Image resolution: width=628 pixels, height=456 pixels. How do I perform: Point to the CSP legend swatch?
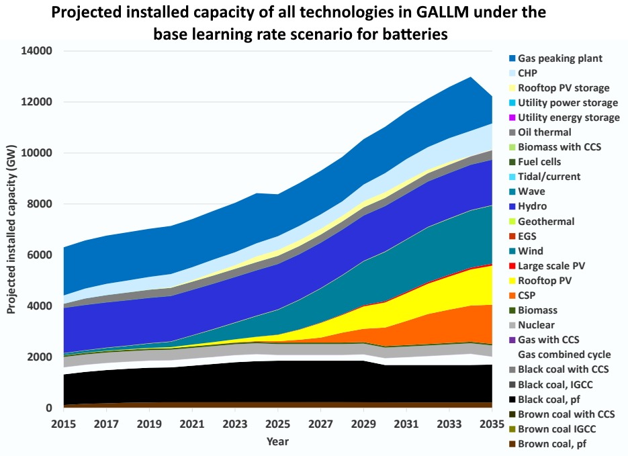tap(512, 295)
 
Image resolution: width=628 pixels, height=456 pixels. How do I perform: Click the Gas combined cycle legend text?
tap(564, 355)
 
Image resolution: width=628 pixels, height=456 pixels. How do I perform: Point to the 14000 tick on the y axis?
tap(38, 51)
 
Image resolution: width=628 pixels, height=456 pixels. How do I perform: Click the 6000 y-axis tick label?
tap(41, 255)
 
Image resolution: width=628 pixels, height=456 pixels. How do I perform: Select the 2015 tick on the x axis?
tap(64, 424)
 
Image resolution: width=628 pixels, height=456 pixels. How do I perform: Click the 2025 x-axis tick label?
tap(277, 424)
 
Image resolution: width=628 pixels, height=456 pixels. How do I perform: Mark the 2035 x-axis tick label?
tap(491, 424)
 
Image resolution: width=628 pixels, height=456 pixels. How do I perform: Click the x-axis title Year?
tap(277, 441)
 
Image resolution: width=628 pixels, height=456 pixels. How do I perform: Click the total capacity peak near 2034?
tap(470, 77)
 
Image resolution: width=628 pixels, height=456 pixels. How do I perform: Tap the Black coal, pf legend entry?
tap(554, 399)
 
